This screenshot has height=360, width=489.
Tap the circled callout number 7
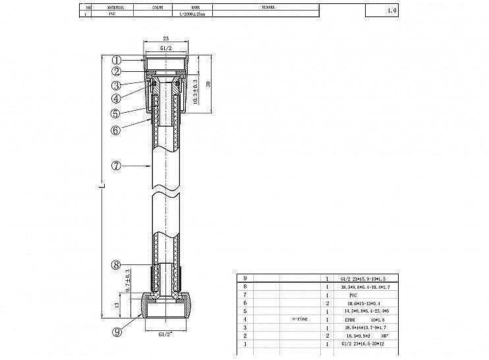116,166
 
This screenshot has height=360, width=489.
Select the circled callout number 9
117,332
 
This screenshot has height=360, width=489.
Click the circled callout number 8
116,265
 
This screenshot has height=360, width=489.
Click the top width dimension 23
165,39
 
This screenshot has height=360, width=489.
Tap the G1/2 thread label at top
166,48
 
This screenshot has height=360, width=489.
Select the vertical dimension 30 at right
208,86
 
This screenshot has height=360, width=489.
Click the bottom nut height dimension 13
117,305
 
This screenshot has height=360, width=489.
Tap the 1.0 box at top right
391,11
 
